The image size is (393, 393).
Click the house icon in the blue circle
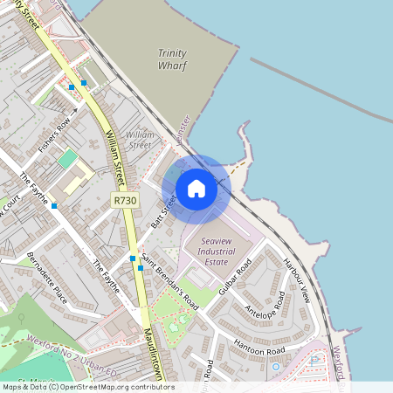196,188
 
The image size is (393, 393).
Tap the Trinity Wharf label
172,59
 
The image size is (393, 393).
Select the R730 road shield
125,201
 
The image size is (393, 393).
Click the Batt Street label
163,210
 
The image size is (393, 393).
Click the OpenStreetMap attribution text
87,387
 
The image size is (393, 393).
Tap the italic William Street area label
140,139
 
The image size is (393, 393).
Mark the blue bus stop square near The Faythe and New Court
54,206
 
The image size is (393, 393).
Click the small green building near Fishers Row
67,159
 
